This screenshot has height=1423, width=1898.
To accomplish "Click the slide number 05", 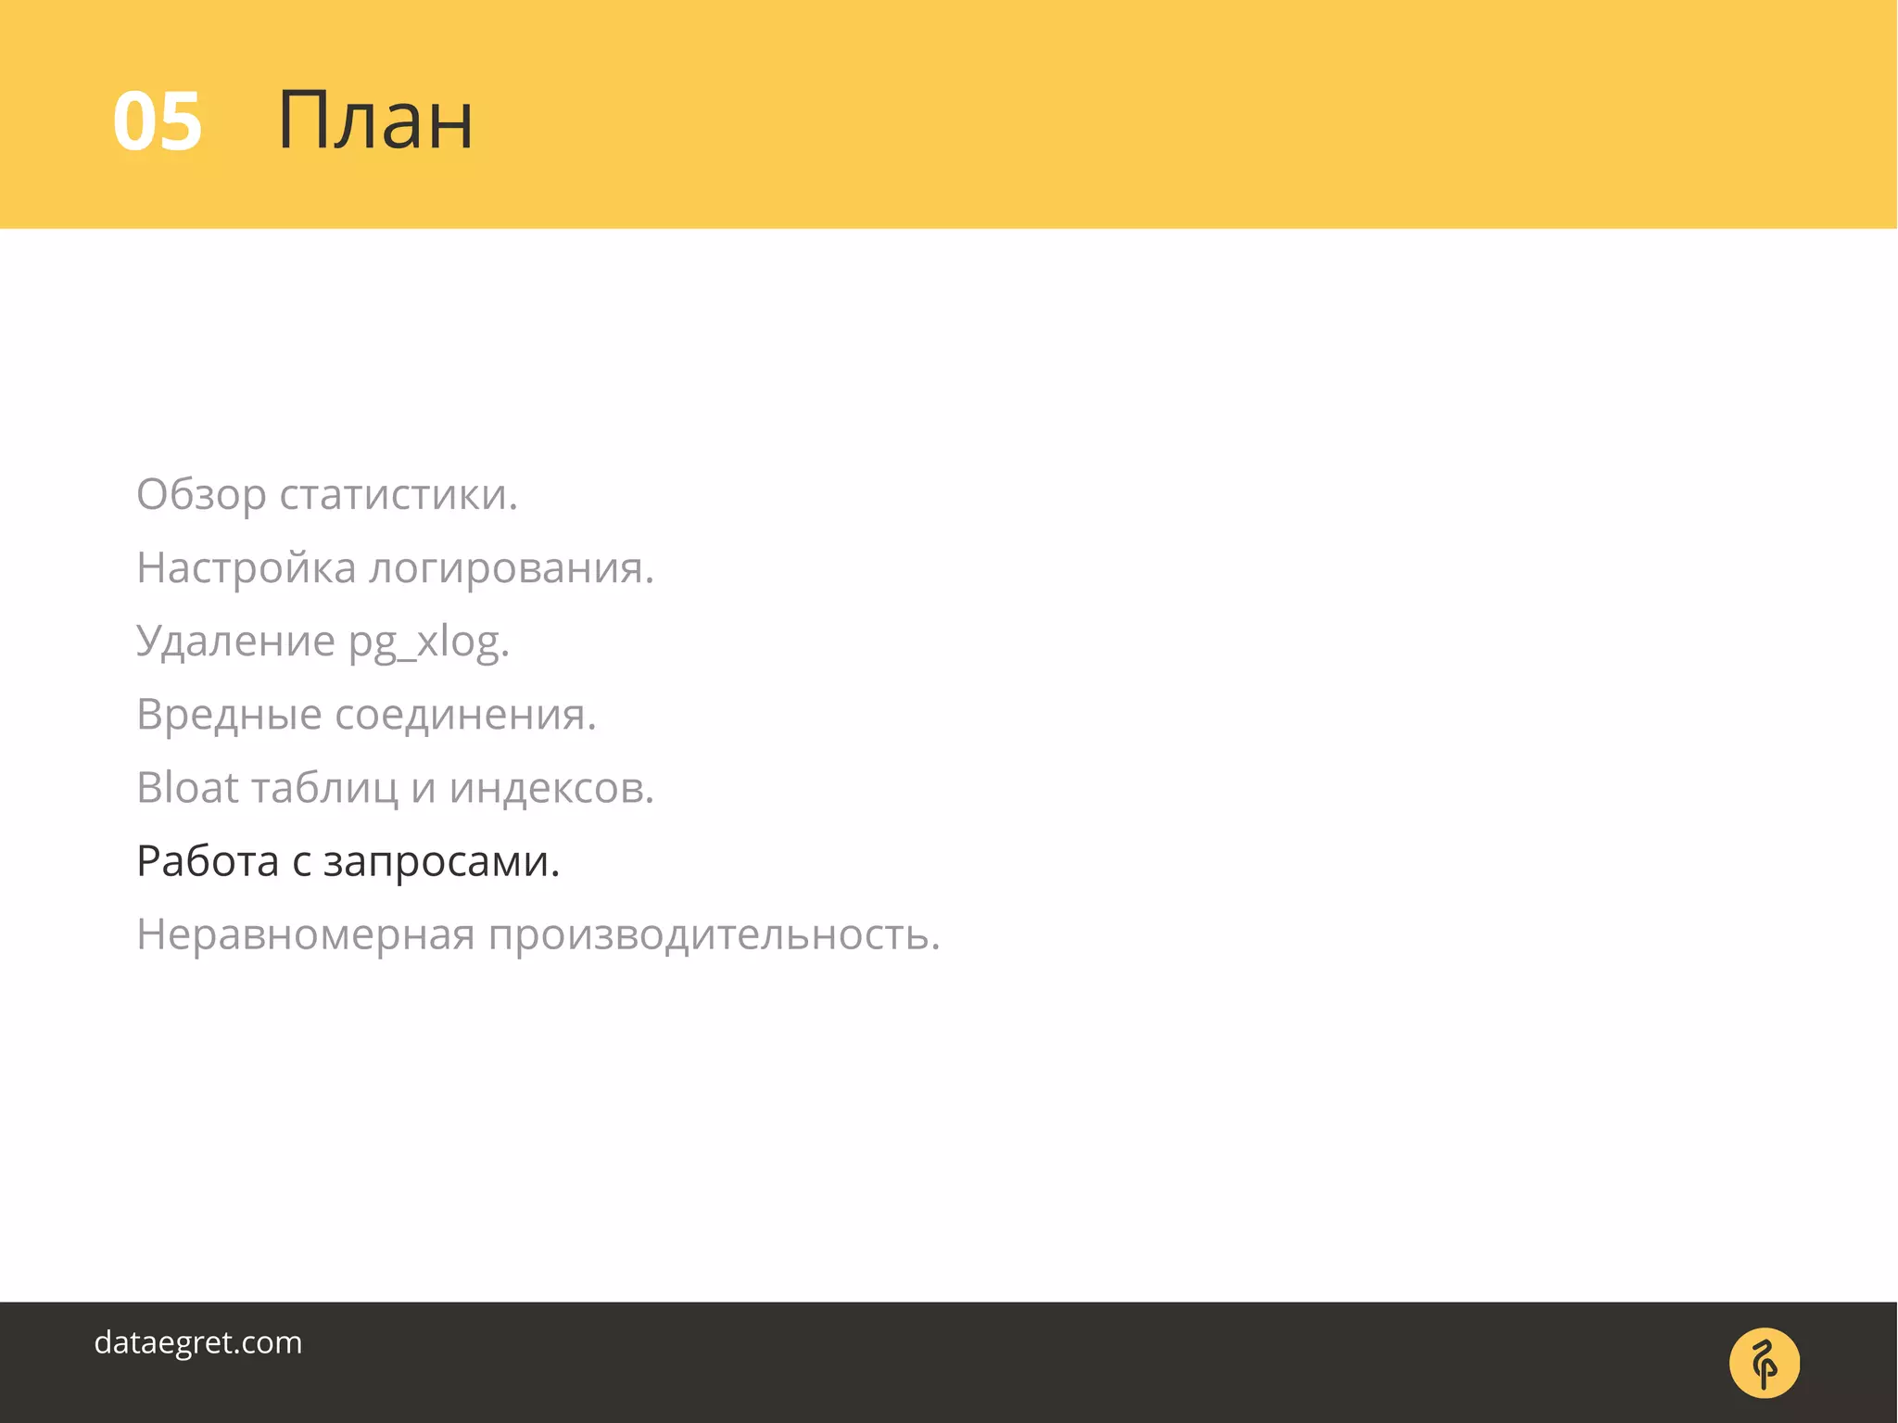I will [x=158, y=121].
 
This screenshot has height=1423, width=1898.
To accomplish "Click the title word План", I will [x=375, y=121].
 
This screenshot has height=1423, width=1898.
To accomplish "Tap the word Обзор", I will [x=201, y=494].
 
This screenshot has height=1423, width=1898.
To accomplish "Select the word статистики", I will [x=399, y=494].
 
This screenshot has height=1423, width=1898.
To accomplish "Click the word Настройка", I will [x=246, y=567].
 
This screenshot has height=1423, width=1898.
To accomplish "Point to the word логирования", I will [x=512, y=567].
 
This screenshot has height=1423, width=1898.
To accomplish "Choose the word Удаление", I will [x=235, y=641].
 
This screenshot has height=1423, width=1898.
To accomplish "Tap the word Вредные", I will [x=229, y=715].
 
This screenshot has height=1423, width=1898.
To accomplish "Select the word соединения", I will [x=465, y=715].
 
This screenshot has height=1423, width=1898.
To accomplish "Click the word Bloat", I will [x=188, y=787].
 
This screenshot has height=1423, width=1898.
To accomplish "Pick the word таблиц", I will [x=325, y=789].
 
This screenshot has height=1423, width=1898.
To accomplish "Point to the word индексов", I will [x=551, y=788].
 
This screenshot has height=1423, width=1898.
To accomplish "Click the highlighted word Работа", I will [x=208, y=861].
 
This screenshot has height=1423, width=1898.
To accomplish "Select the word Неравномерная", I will [x=306, y=934].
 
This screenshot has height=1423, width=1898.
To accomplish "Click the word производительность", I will [x=715, y=934].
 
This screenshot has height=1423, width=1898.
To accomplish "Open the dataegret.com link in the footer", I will [x=198, y=1342].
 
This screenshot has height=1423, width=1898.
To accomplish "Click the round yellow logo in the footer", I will [x=1765, y=1363].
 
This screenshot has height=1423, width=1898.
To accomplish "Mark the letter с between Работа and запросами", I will [x=301, y=863].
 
